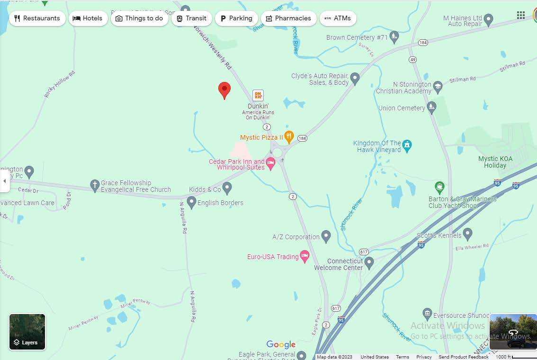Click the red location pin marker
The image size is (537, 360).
click(224, 89)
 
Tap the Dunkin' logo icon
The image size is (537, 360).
click(258, 95)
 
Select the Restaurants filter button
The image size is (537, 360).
click(37, 18)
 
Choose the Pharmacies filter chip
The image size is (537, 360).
click(288, 18)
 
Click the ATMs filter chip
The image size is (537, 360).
click(338, 18)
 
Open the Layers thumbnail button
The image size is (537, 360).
click(27, 332)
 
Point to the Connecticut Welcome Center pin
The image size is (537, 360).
click(369, 262)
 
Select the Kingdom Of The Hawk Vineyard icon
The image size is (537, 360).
click(407, 144)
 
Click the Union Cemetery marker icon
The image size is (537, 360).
click(431, 107)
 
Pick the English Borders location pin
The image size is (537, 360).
click(191, 202)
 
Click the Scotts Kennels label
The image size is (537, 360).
click(439, 235)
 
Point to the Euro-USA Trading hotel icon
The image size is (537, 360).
click(305, 256)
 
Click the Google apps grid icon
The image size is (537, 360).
click(521, 15)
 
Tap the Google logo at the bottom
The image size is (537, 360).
click(281, 344)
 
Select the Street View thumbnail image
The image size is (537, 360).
click(513, 331)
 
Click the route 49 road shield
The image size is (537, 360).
click(413, 60)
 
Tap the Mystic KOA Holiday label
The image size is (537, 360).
click(495, 162)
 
